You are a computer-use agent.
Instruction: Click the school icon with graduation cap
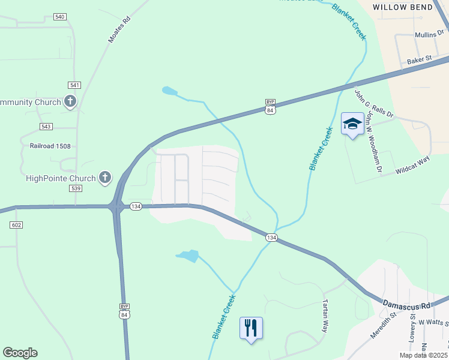coord(352,124)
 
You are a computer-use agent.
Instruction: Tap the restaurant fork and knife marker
coord(251,328)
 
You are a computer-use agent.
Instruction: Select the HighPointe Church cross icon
coord(105,177)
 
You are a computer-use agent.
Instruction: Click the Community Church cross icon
coord(70,101)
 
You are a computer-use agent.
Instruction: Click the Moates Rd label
coord(119,29)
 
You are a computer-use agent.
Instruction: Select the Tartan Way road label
coord(325,316)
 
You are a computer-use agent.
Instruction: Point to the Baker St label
coord(420,60)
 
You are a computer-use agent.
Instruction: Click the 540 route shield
coord(59,17)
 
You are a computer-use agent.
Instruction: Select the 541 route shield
coord(74,85)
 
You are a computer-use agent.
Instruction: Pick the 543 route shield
coord(46,127)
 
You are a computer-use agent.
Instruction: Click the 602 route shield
coord(16,224)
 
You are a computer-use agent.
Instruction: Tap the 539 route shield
coord(76,188)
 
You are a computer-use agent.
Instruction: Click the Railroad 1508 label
coord(50,145)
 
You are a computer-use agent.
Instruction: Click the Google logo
coord(20,353)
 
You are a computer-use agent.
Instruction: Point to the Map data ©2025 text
coord(423,355)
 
